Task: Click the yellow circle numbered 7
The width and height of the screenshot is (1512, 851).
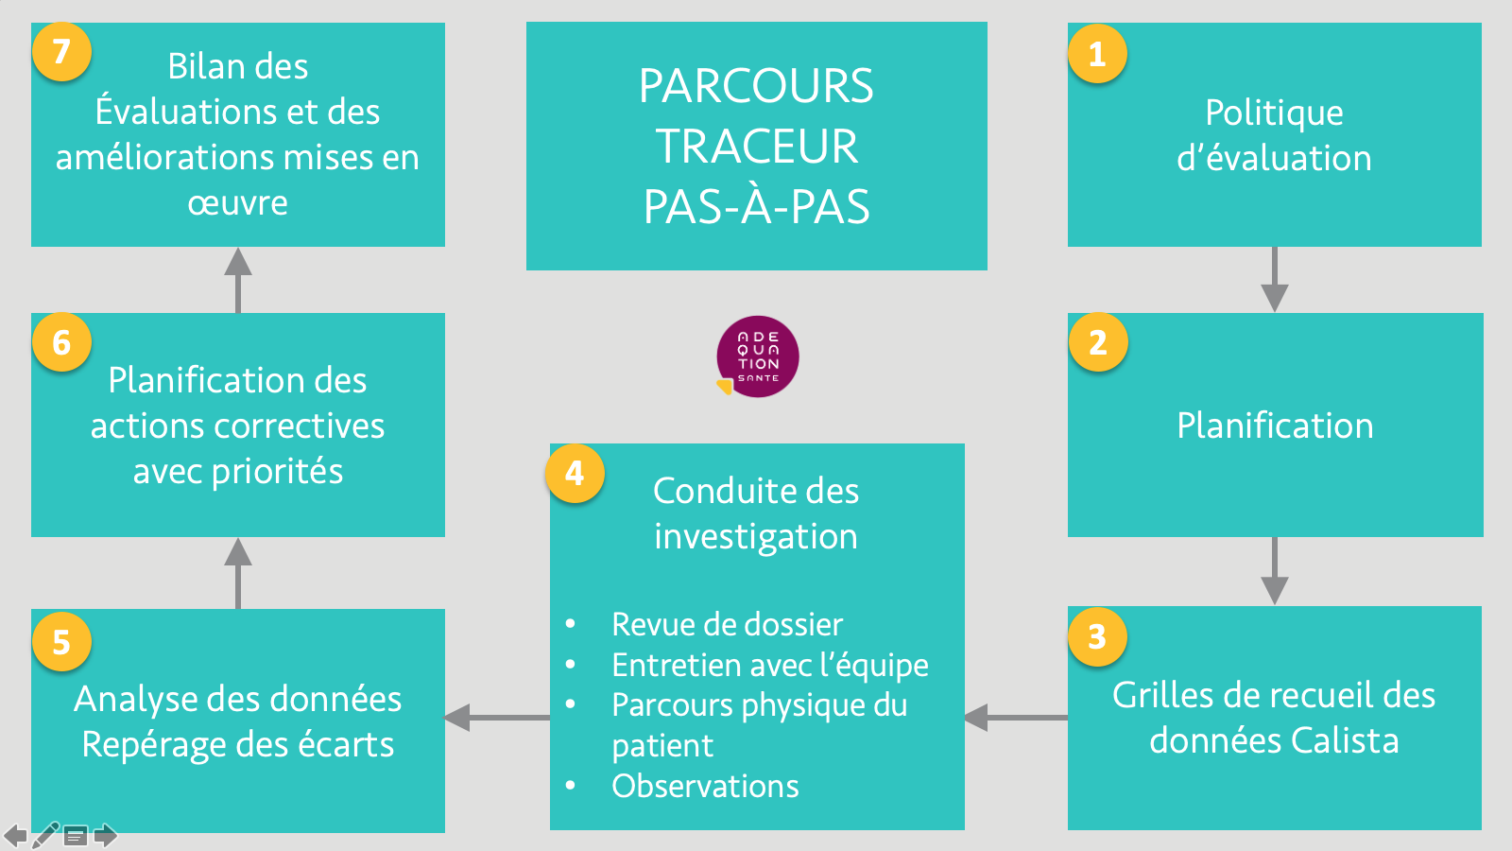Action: coord(61,51)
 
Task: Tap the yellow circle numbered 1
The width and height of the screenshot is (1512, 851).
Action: coord(1097,53)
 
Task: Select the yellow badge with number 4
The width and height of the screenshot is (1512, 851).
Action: coord(575,473)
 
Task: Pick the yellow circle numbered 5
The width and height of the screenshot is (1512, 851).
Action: coord(61,641)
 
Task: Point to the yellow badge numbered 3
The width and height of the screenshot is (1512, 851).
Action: coord(1097,636)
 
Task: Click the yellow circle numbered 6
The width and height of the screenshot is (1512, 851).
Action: coord(61,341)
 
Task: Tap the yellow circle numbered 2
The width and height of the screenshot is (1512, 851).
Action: coord(1098,341)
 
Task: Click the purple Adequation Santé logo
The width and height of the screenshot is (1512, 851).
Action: coord(757,356)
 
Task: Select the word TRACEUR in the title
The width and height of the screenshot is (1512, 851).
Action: coord(757,146)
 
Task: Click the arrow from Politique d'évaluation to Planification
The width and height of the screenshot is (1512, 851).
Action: coord(1275,279)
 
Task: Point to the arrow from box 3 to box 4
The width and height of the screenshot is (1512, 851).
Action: coord(1016,718)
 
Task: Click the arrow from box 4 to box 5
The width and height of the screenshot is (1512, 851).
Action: coord(497,718)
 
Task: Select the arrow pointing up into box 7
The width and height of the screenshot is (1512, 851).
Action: coord(238,280)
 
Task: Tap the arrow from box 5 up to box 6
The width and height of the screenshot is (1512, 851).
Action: coord(238,573)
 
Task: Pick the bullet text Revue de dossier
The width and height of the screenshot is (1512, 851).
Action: coord(727,624)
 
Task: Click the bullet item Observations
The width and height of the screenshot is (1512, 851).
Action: coord(705,786)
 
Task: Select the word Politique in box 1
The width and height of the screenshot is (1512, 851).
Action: coord(1275,113)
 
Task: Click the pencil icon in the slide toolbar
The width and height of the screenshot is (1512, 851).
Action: coord(45,836)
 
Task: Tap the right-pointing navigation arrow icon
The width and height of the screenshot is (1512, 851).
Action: coord(105,836)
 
